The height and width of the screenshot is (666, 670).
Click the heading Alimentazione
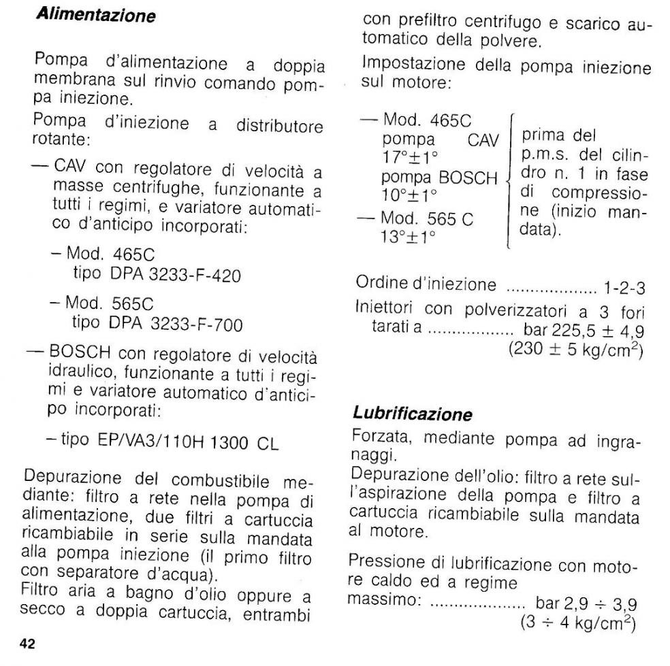tap(95, 15)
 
